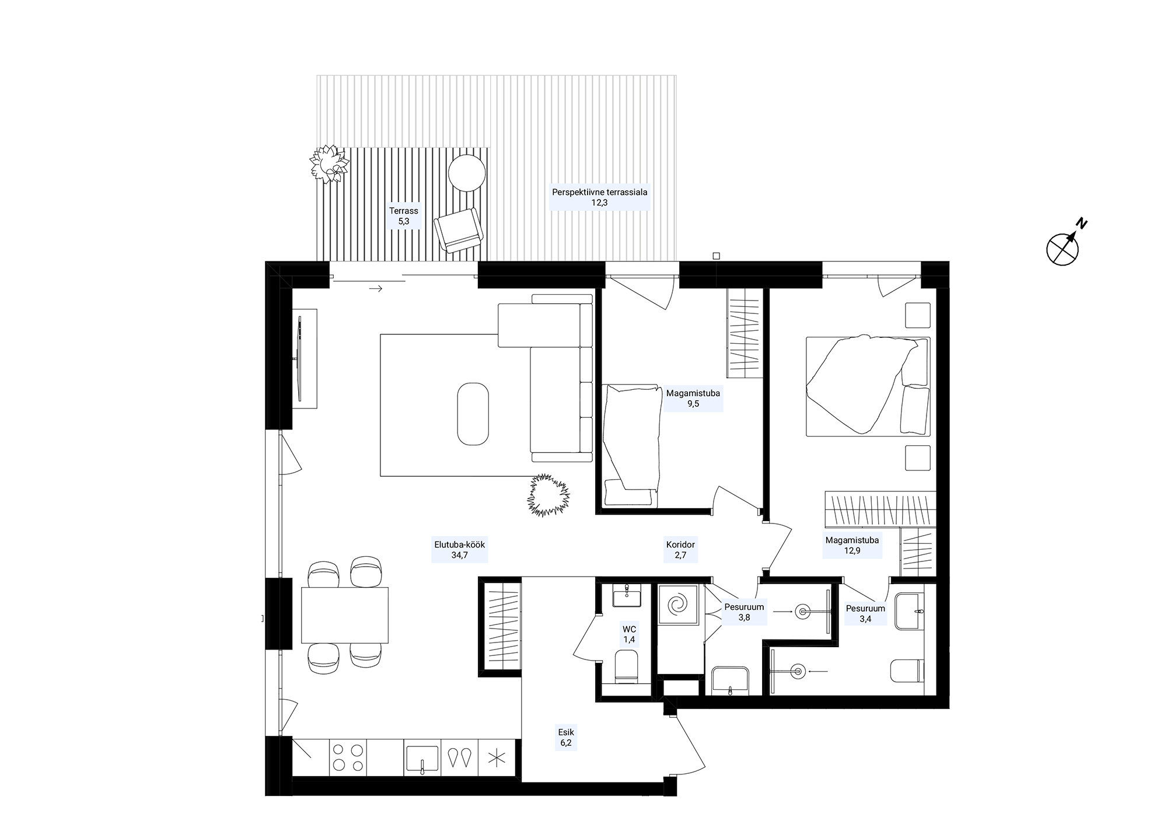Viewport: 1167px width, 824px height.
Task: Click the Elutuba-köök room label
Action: (459, 550)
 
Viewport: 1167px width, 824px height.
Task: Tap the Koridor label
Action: (680, 550)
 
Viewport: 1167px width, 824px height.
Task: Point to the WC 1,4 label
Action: (629, 634)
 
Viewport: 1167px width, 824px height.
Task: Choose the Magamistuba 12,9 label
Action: (852, 545)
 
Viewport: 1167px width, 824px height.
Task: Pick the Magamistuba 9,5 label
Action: (693, 398)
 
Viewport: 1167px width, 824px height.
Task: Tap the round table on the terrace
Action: (467, 172)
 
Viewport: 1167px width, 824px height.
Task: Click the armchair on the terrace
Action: (459, 230)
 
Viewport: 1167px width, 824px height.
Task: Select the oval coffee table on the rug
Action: (472, 414)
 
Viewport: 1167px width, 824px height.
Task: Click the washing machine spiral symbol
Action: (679, 605)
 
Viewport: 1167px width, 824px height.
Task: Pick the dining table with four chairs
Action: (345, 615)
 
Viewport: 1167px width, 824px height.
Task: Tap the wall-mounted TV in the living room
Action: (300, 358)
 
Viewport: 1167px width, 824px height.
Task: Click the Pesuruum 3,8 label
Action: (744, 612)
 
